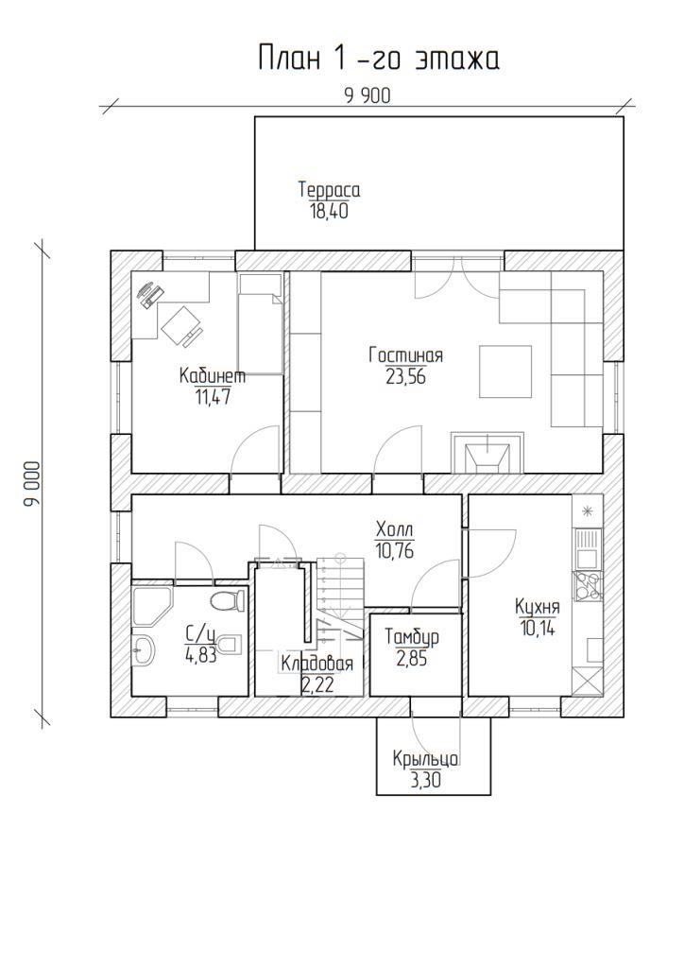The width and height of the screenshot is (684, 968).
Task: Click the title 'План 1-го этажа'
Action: pyautogui.click(x=378, y=59)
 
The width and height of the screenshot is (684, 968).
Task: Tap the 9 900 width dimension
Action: pyautogui.click(x=368, y=95)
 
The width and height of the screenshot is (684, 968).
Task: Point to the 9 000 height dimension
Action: pyautogui.click(x=32, y=484)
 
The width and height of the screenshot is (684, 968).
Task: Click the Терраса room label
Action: pyautogui.click(x=330, y=189)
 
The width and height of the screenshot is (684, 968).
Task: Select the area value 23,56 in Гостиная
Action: pyautogui.click(x=405, y=376)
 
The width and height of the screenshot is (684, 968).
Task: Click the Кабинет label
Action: pyautogui.click(x=213, y=375)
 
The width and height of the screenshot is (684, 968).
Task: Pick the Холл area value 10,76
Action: pyautogui.click(x=394, y=549)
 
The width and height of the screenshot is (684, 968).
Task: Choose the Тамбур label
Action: pyautogui.click(x=412, y=637)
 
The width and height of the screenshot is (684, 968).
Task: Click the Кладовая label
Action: pyautogui.click(x=317, y=665)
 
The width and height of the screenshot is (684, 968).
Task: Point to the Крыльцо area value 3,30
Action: pyautogui.click(x=425, y=781)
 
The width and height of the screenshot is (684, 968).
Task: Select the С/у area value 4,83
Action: pyautogui.click(x=200, y=655)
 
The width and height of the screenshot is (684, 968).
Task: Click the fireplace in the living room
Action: pyautogui.click(x=487, y=453)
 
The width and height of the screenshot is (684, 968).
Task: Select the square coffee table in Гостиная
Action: pyautogui.click(x=505, y=371)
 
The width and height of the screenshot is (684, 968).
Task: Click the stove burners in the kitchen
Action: pyautogui.click(x=588, y=586)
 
